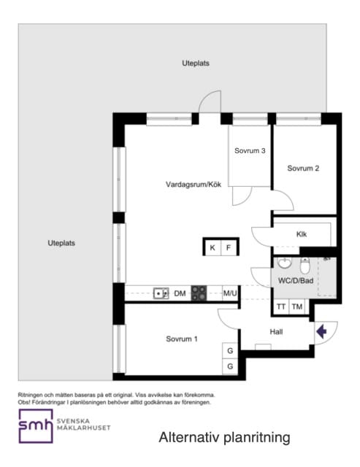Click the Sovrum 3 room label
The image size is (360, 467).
[x=250, y=151]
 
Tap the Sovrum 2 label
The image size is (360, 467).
[x=303, y=169]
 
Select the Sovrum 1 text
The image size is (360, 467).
[x=182, y=339]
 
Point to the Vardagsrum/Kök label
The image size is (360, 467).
[x=194, y=185]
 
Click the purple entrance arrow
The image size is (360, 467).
[x=321, y=331]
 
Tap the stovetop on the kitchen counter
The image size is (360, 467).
[x=199, y=293]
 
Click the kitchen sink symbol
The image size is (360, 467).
[x=161, y=293]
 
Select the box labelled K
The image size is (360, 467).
[x=212, y=247]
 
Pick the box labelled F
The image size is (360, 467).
[x=229, y=247]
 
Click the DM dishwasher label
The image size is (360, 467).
[x=180, y=293]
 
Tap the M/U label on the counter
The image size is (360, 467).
[x=230, y=293]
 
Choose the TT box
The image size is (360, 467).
[x=281, y=306]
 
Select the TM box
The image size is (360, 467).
[x=297, y=306]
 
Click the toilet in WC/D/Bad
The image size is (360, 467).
[x=305, y=266]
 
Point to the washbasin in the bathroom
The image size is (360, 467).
[x=285, y=263]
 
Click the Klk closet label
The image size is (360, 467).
[x=302, y=234]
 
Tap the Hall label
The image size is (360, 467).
[x=276, y=332]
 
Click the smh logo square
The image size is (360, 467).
[x=36, y=426]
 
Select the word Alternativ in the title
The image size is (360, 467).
[x=190, y=438]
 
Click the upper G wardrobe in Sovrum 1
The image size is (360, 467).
[x=230, y=351]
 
